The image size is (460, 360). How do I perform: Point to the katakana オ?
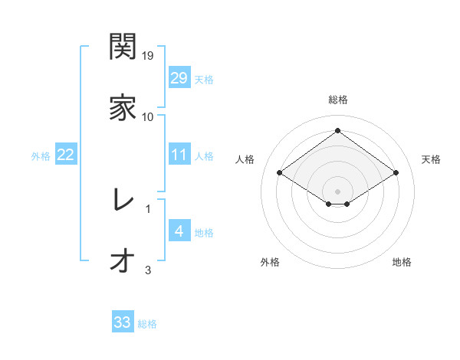(x=123, y=260)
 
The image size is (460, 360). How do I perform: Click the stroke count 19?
(x=149, y=56)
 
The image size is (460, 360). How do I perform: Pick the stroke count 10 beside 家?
(x=148, y=117)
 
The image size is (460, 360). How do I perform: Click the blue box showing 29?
(x=179, y=78)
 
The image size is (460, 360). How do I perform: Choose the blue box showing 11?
(x=179, y=155)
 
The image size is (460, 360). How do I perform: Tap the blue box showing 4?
(x=179, y=231)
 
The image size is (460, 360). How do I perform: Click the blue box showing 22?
(x=65, y=155)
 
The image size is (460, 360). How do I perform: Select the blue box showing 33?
(x=122, y=322)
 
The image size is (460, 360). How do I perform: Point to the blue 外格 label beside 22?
(x=41, y=156)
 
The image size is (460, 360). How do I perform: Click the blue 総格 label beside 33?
(x=147, y=324)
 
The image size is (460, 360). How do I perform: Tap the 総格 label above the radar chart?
(x=337, y=100)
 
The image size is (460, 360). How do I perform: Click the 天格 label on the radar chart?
(x=431, y=159)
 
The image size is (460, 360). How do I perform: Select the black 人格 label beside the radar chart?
(x=245, y=159)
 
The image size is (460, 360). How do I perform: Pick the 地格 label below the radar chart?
(x=402, y=263)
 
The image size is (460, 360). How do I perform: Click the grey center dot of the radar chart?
(x=337, y=191)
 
